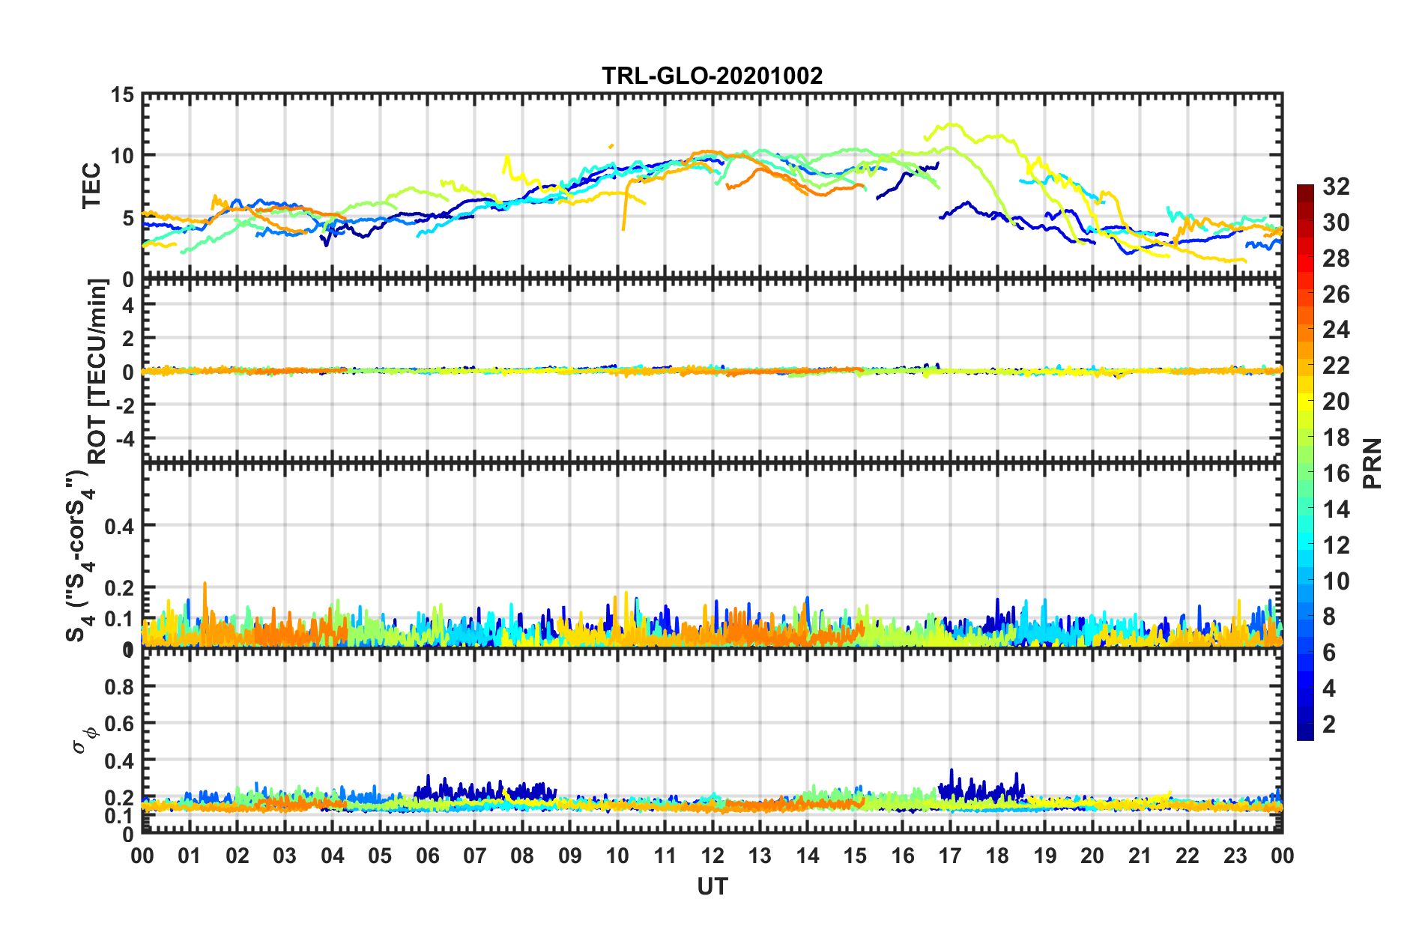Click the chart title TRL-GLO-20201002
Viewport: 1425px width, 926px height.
click(712, 76)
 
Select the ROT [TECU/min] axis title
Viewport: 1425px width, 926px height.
click(97, 371)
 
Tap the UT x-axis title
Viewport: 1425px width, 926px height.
click(712, 887)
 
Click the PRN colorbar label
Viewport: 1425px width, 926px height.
click(1372, 463)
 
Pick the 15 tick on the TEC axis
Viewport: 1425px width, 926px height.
click(122, 95)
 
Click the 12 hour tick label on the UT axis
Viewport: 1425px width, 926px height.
click(712, 856)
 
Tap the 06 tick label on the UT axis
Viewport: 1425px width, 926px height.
click(427, 856)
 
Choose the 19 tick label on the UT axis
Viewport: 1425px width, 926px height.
click(1044, 856)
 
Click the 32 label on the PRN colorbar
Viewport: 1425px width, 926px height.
click(1336, 187)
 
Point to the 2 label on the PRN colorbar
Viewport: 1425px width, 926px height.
click(1329, 724)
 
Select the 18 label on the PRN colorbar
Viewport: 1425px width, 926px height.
click(1336, 438)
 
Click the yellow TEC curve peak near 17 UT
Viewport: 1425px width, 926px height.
click(952, 124)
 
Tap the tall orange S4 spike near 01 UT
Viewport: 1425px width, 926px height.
click(205, 584)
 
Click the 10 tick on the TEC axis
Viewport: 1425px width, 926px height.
click(122, 156)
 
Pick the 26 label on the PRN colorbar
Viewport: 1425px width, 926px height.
click(1336, 294)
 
